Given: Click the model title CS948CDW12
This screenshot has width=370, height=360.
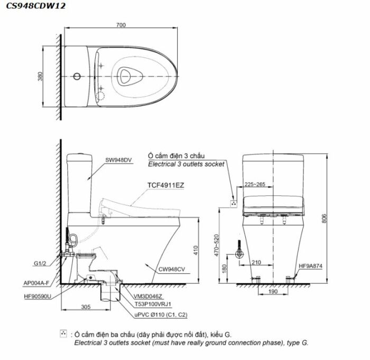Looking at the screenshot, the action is click(x=35, y=6).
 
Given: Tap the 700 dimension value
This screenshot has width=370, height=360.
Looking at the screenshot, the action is click(x=121, y=25).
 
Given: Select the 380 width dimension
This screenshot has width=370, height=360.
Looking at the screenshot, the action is click(x=40, y=77).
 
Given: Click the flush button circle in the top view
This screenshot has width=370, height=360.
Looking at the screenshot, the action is click(x=77, y=77).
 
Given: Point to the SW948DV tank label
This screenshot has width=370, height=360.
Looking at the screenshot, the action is click(x=118, y=160).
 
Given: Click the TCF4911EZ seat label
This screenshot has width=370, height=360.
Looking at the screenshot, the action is click(x=165, y=185).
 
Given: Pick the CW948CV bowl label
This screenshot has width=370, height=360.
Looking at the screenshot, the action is click(x=172, y=269).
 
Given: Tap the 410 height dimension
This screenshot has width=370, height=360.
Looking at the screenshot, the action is click(x=196, y=250).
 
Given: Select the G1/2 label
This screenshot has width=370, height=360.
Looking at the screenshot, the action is click(x=40, y=263).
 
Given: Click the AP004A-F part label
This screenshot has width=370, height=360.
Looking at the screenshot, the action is click(x=36, y=283).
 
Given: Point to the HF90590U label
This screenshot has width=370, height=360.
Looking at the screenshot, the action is click(x=38, y=296).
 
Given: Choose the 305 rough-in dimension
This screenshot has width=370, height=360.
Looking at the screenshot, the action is click(x=86, y=307).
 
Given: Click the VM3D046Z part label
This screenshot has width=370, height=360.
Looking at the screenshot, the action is click(x=148, y=296).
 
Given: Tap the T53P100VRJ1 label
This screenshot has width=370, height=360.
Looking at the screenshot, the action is click(x=153, y=304).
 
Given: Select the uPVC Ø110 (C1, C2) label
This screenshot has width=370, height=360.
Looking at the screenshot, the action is click(x=161, y=315).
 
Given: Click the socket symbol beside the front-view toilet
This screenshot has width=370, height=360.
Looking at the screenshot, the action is click(x=234, y=204).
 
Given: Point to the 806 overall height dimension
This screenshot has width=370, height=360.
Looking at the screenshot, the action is click(x=324, y=219).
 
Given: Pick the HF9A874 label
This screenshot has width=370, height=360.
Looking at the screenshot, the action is click(x=311, y=266).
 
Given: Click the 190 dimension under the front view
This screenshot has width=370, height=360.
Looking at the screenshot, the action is click(x=273, y=291).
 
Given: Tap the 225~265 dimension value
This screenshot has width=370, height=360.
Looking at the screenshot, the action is click(x=255, y=184).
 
